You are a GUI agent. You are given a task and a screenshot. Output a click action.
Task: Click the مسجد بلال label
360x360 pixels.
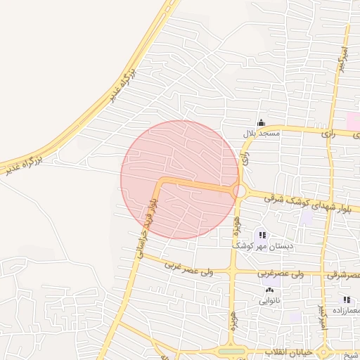(x=262, y=133)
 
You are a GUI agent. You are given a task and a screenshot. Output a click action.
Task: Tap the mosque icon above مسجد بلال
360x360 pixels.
(x=262, y=122)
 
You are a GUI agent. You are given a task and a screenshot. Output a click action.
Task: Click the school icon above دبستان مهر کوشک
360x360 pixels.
(x=262, y=236)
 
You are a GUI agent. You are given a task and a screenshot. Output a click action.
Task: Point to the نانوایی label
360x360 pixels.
(x=269, y=301)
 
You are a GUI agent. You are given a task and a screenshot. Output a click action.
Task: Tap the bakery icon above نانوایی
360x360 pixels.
(x=269, y=290)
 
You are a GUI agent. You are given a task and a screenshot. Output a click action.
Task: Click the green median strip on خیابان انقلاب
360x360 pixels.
(x=232, y=351)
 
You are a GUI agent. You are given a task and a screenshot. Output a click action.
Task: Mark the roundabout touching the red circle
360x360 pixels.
(x=240, y=191)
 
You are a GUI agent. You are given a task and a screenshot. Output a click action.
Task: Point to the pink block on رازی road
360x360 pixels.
(x=353, y=120)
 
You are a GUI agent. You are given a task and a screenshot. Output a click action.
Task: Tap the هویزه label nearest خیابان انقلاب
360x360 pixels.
(x=231, y=319)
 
